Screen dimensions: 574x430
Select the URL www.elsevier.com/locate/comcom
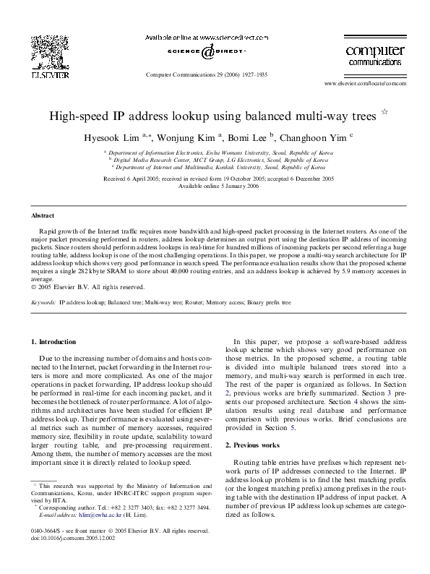point(366,83)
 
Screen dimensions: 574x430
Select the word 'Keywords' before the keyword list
point(44,302)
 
